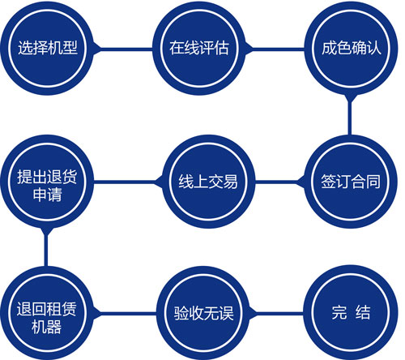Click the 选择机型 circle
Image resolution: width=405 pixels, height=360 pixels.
tap(47, 49)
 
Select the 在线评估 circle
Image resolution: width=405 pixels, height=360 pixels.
tap(199, 49)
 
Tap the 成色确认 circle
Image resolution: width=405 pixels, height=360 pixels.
tap(351, 49)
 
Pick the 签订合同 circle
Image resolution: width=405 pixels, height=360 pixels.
tap(351, 182)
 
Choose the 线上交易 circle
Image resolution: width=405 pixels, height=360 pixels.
tap(208, 182)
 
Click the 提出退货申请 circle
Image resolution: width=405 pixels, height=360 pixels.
tap(47, 182)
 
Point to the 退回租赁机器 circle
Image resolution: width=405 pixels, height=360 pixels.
tap(46, 314)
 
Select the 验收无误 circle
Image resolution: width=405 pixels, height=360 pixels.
tap(203, 314)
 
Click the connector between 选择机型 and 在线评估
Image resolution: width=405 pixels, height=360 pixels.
tap(123, 49)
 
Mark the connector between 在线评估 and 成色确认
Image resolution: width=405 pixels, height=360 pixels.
tap(275, 49)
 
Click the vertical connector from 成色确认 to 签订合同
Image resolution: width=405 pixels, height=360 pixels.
tap(350, 115)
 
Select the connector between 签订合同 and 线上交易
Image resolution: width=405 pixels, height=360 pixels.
tap(280, 182)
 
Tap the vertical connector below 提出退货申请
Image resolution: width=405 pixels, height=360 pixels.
tap(46, 247)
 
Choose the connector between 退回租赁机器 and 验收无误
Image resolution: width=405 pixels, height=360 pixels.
tap(125, 314)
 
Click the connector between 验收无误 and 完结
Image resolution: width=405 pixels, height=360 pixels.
tap(276, 314)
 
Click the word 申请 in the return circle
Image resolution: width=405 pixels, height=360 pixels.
tap(48, 194)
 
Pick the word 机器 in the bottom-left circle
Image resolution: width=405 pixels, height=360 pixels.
tap(47, 327)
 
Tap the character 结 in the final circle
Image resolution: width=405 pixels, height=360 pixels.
tap(363, 312)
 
